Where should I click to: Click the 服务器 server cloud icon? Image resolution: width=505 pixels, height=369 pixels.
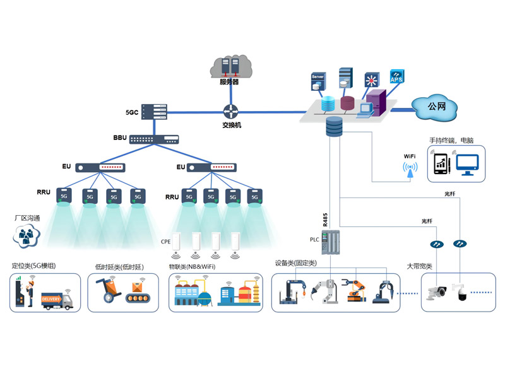pos(229,66)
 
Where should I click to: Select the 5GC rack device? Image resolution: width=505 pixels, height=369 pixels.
pos(154,112)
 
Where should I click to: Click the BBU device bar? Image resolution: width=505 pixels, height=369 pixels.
pos(154,138)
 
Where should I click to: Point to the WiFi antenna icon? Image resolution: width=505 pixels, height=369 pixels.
pos(410,170)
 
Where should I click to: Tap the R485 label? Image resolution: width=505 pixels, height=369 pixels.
pos(325,220)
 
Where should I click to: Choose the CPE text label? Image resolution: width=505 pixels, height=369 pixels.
pos(166,242)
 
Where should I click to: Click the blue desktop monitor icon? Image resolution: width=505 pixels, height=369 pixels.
pos(468,165)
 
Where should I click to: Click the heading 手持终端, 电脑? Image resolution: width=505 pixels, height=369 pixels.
pos(451,140)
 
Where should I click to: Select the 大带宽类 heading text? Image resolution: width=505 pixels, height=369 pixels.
pos(420,266)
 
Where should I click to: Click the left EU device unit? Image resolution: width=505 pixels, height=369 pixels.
pos(100,168)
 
